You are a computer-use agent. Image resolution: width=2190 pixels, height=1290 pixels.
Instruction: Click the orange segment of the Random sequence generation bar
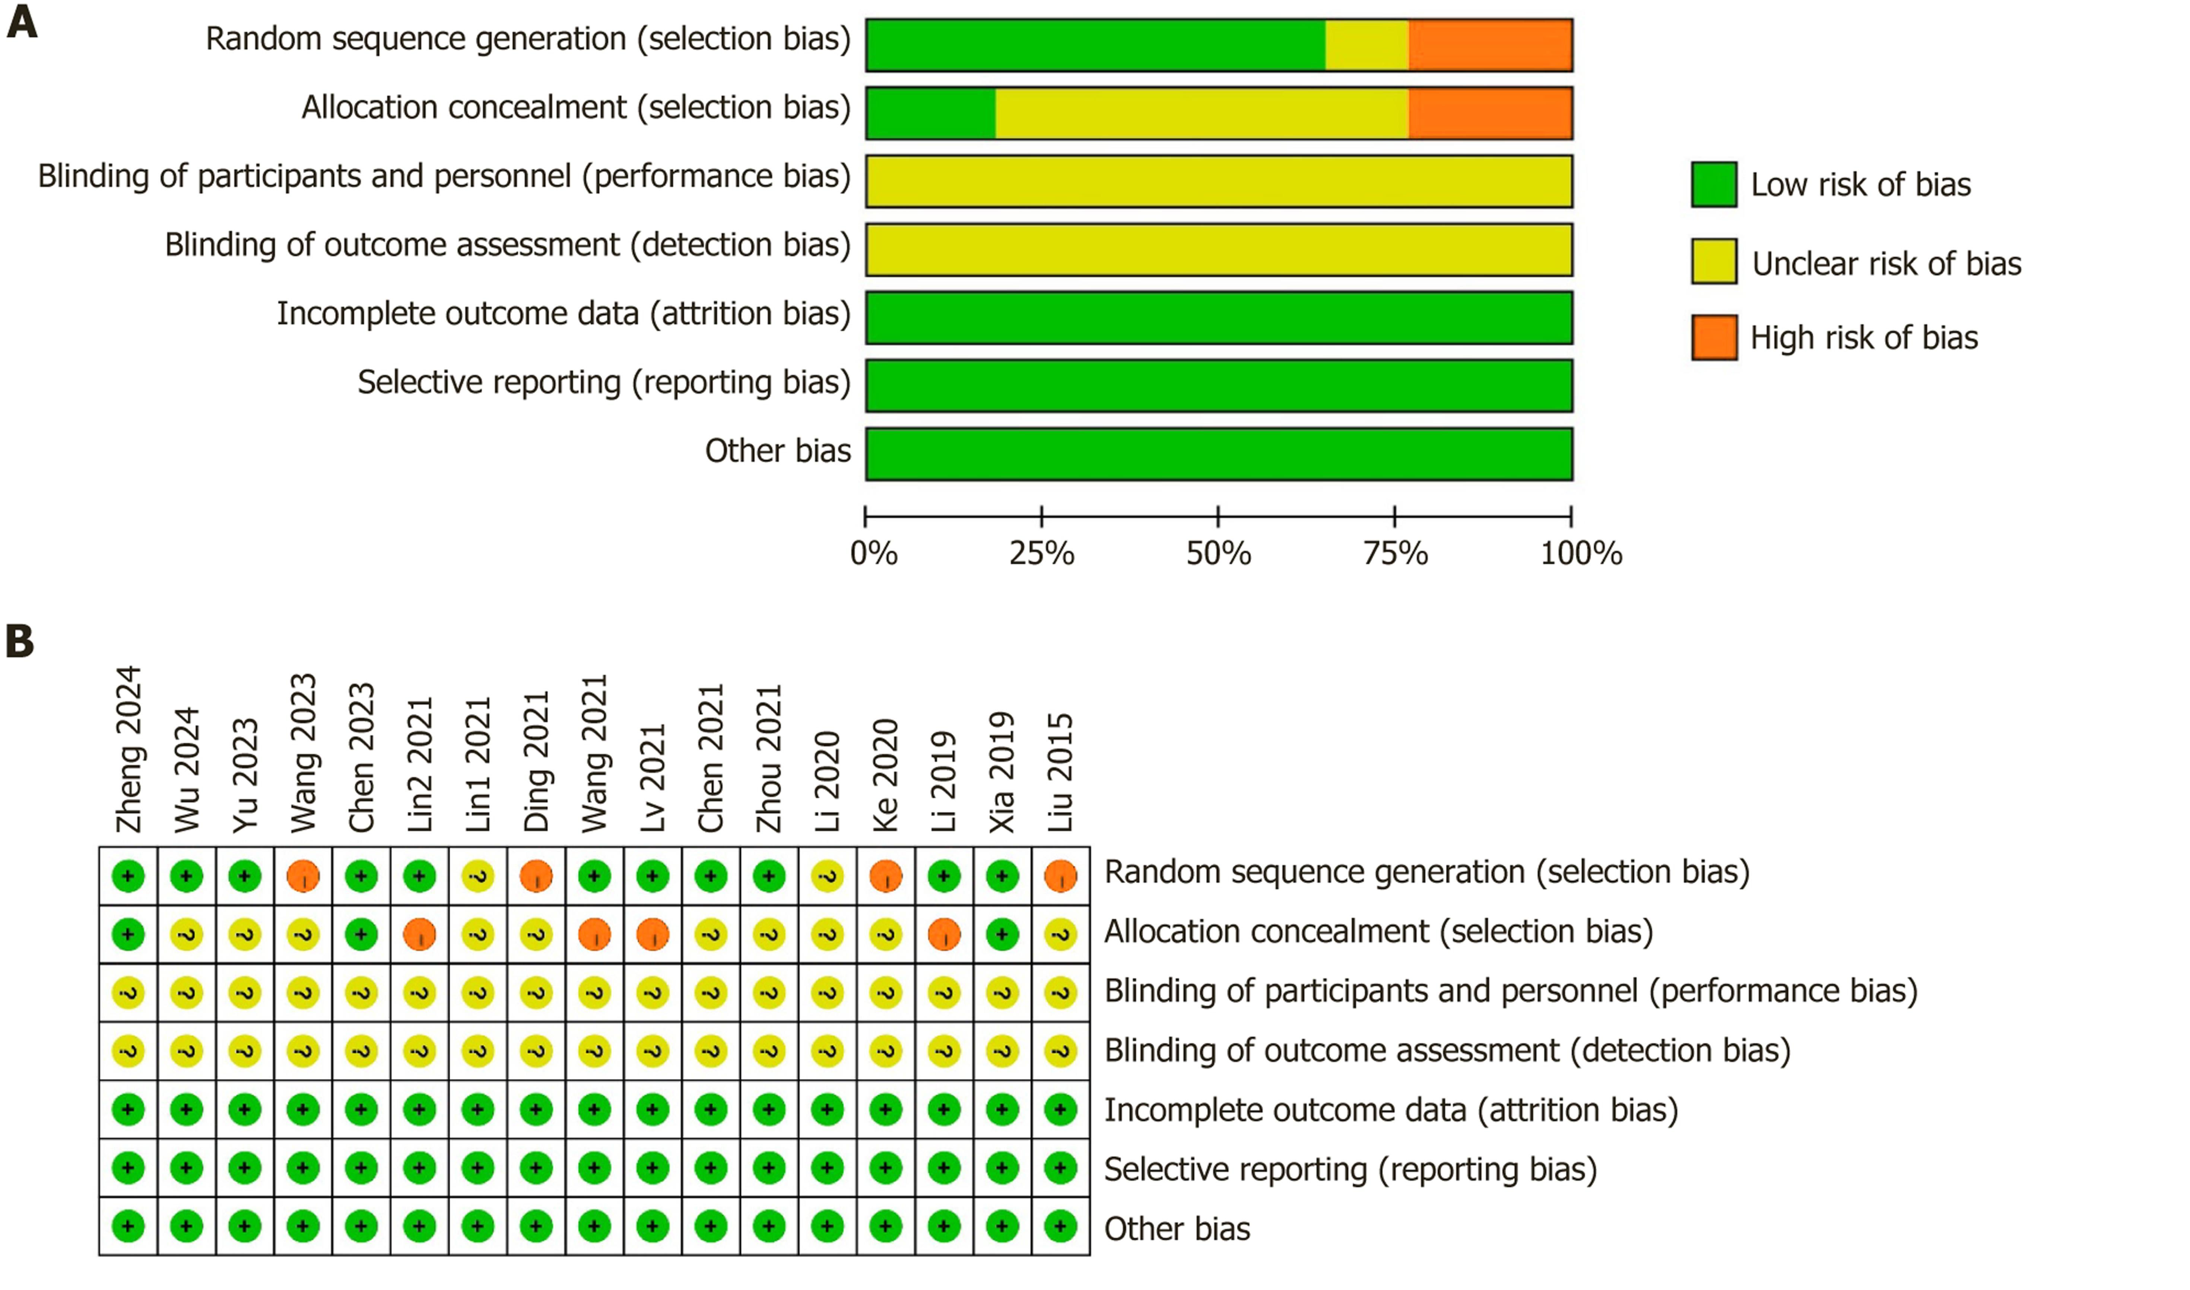(x=1490, y=45)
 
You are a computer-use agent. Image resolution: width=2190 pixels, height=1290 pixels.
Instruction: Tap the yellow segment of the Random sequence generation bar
(x=1367, y=45)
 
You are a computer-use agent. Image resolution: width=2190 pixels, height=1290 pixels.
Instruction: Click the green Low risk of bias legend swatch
(x=1714, y=184)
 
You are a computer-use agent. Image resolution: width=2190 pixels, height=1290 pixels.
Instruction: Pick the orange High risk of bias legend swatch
(x=1714, y=337)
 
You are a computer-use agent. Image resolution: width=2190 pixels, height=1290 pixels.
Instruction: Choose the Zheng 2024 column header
(x=128, y=749)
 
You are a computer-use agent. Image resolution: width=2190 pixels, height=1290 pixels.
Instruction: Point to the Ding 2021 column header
(x=536, y=762)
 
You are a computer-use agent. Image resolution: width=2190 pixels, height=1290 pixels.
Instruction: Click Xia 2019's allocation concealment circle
(x=1002, y=934)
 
